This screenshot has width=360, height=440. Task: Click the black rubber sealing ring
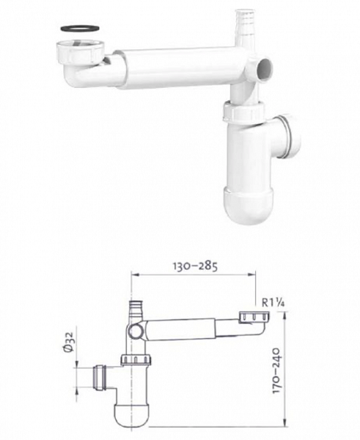80,29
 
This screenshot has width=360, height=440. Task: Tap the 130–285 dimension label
195,266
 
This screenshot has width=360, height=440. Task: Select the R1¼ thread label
273,303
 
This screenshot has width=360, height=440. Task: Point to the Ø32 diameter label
68,342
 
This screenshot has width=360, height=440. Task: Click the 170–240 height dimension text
277,370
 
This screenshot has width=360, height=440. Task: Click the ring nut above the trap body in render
244,112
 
